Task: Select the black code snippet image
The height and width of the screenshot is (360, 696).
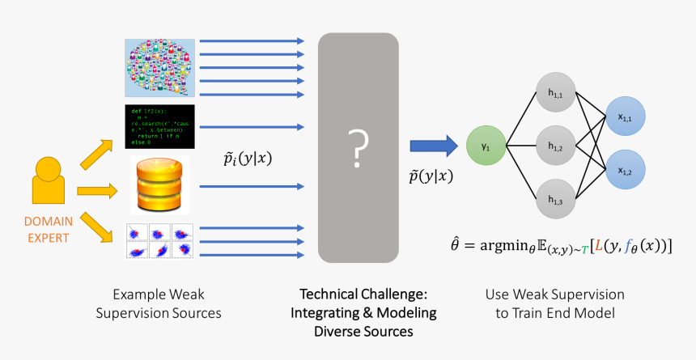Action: click(x=159, y=127)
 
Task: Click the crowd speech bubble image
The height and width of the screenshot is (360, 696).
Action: click(x=159, y=69)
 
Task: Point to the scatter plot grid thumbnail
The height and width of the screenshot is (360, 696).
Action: click(x=159, y=241)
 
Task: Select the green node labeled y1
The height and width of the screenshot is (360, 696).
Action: click(x=486, y=147)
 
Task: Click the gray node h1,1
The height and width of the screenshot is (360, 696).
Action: click(x=555, y=95)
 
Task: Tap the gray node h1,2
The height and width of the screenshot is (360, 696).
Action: click(x=555, y=146)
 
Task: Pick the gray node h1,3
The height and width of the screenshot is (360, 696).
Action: click(x=555, y=200)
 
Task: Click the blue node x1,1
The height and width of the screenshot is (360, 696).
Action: click(x=626, y=119)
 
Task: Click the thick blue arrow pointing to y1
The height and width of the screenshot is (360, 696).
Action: click(x=433, y=146)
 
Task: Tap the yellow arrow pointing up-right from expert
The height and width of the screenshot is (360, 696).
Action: click(x=97, y=153)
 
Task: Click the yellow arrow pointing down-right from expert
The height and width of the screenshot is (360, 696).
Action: click(x=97, y=226)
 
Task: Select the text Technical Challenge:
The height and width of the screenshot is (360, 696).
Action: click(x=363, y=294)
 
